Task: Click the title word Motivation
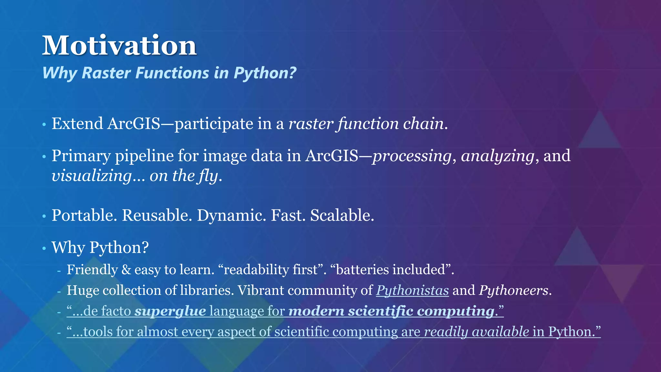(119, 46)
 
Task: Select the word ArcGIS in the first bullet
(134, 124)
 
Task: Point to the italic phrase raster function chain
(366, 124)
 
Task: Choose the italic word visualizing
(92, 176)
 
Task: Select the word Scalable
(342, 215)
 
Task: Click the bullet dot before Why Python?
(44, 249)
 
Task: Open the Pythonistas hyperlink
(412, 291)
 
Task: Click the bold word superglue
(170, 311)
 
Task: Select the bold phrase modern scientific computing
(391, 311)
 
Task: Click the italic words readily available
(476, 332)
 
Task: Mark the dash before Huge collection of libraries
(59, 291)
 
